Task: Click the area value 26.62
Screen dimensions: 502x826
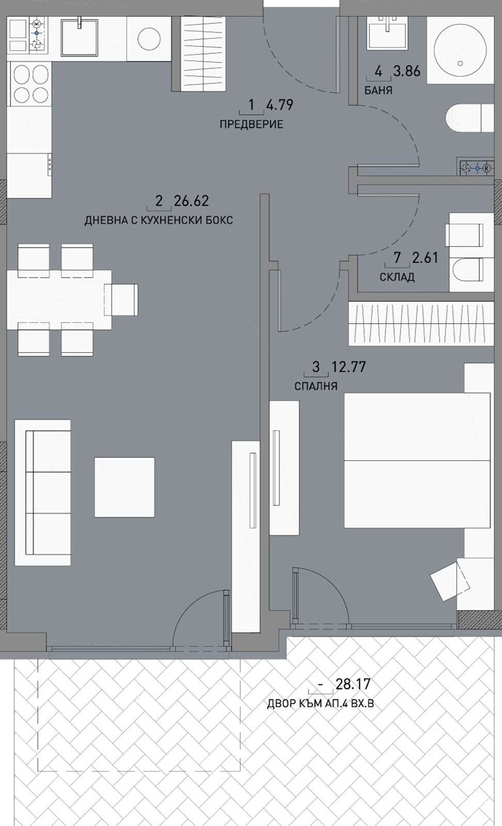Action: click(x=191, y=201)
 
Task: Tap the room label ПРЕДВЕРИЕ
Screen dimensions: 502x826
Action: click(x=251, y=124)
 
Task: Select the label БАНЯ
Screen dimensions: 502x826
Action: click(x=379, y=90)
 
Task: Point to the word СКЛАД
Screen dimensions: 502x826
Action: click(x=397, y=277)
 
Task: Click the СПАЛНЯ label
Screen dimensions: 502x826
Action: click(x=316, y=386)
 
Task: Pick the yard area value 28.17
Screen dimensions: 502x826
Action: click(x=353, y=684)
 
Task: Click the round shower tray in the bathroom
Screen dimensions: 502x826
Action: click(x=460, y=50)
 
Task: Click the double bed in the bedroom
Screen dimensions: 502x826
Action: click(x=417, y=460)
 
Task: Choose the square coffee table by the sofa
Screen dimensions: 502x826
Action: click(x=124, y=487)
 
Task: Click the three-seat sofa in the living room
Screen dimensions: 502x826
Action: click(x=43, y=493)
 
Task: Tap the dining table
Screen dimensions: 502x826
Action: click(x=59, y=300)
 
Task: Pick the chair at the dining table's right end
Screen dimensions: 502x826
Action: click(x=121, y=300)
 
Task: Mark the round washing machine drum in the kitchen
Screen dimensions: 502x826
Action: click(x=149, y=38)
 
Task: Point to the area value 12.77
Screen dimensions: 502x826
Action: click(x=349, y=367)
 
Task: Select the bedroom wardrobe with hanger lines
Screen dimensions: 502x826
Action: click(x=421, y=324)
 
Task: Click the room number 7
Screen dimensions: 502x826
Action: click(x=397, y=258)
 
